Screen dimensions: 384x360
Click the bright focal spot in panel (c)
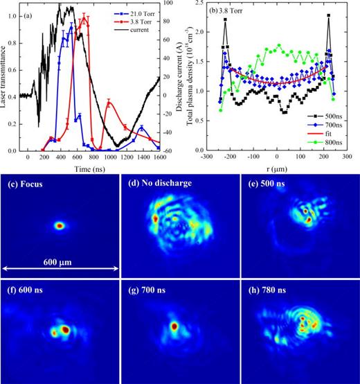coord(60,225)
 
